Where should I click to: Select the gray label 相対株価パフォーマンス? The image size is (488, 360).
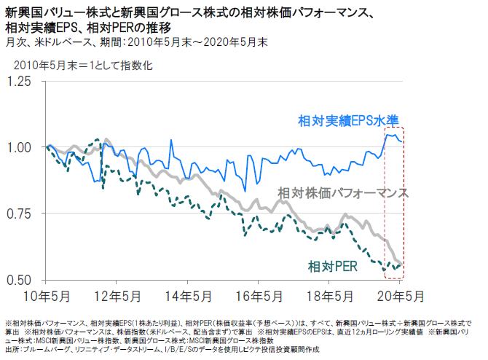click(343, 193)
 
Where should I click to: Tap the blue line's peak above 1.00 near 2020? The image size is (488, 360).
click(388, 134)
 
